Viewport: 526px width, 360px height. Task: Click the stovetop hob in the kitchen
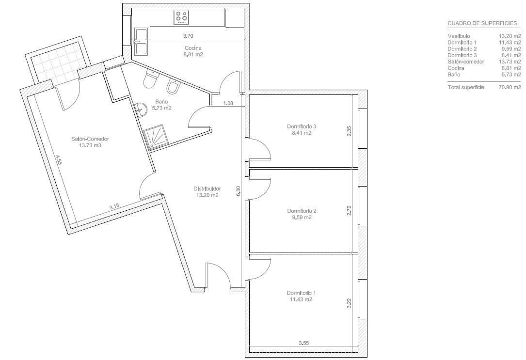point(181,17)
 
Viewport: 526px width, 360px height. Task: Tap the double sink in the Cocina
point(141,42)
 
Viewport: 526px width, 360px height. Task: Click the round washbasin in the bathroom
point(142,110)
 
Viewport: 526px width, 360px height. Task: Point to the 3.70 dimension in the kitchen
point(188,36)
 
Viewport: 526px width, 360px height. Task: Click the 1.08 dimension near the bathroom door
point(228,103)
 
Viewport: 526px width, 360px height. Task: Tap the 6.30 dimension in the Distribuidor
point(239,191)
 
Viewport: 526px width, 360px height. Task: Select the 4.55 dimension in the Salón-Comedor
point(59,159)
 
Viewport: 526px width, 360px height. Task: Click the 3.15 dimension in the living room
point(114,207)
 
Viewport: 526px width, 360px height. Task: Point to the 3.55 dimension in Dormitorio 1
point(303,343)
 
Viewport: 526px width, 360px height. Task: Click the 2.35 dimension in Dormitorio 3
point(349,130)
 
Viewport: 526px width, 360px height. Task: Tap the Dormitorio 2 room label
point(302,211)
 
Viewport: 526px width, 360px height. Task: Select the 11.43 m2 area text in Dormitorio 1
point(301,299)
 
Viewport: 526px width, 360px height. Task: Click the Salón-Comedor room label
point(90,139)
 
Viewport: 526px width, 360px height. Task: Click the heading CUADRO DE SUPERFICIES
point(482,23)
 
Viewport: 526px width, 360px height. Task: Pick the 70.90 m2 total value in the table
point(510,88)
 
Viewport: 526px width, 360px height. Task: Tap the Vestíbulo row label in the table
point(459,36)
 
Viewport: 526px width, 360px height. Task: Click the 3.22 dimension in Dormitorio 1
point(349,303)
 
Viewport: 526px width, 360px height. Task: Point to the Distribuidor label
point(207,188)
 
